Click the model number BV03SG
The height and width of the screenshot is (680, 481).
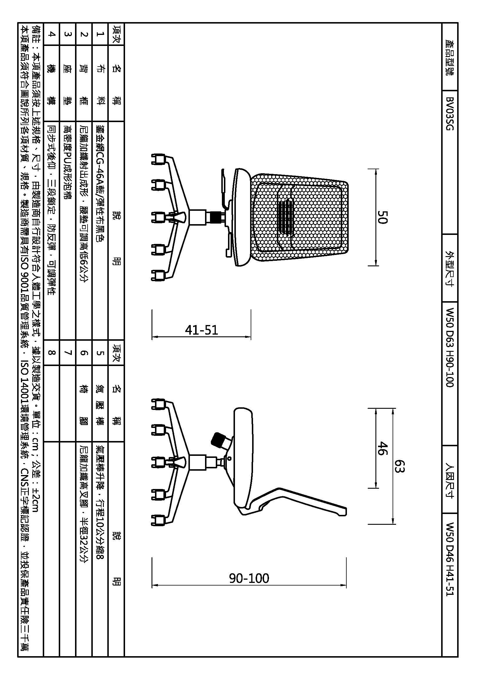point(450,114)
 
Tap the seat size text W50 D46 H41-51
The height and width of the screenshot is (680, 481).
point(450,558)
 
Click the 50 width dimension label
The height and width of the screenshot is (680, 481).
point(382,217)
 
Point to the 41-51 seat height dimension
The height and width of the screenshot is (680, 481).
point(202,330)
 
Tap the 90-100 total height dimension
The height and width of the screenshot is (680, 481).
point(249,578)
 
